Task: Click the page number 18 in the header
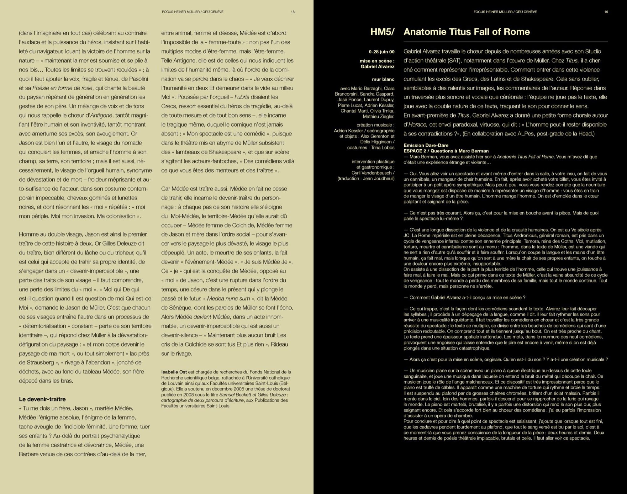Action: click(292, 12)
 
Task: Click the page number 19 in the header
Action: click(606, 12)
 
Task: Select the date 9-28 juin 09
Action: click(382, 52)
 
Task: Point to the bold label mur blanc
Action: click(383, 79)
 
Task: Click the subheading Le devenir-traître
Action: click(42, 399)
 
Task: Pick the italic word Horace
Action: click(417, 125)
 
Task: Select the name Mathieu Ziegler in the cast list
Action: click(379, 116)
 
